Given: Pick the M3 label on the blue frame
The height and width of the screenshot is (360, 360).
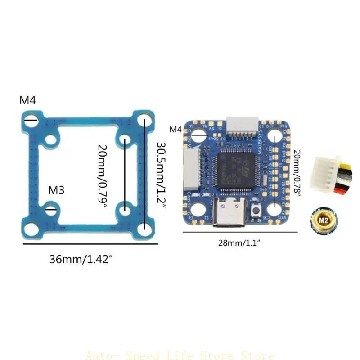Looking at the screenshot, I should (x=56, y=190).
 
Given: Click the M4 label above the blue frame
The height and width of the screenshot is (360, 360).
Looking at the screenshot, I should (x=27, y=100).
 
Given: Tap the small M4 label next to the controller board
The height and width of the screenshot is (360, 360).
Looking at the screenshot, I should (x=175, y=130).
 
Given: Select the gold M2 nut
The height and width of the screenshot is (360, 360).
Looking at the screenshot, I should (x=323, y=220).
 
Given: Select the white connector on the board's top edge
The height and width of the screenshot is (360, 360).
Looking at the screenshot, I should (x=242, y=126).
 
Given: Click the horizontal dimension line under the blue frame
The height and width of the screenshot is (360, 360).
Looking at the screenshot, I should (x=90, y=243).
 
